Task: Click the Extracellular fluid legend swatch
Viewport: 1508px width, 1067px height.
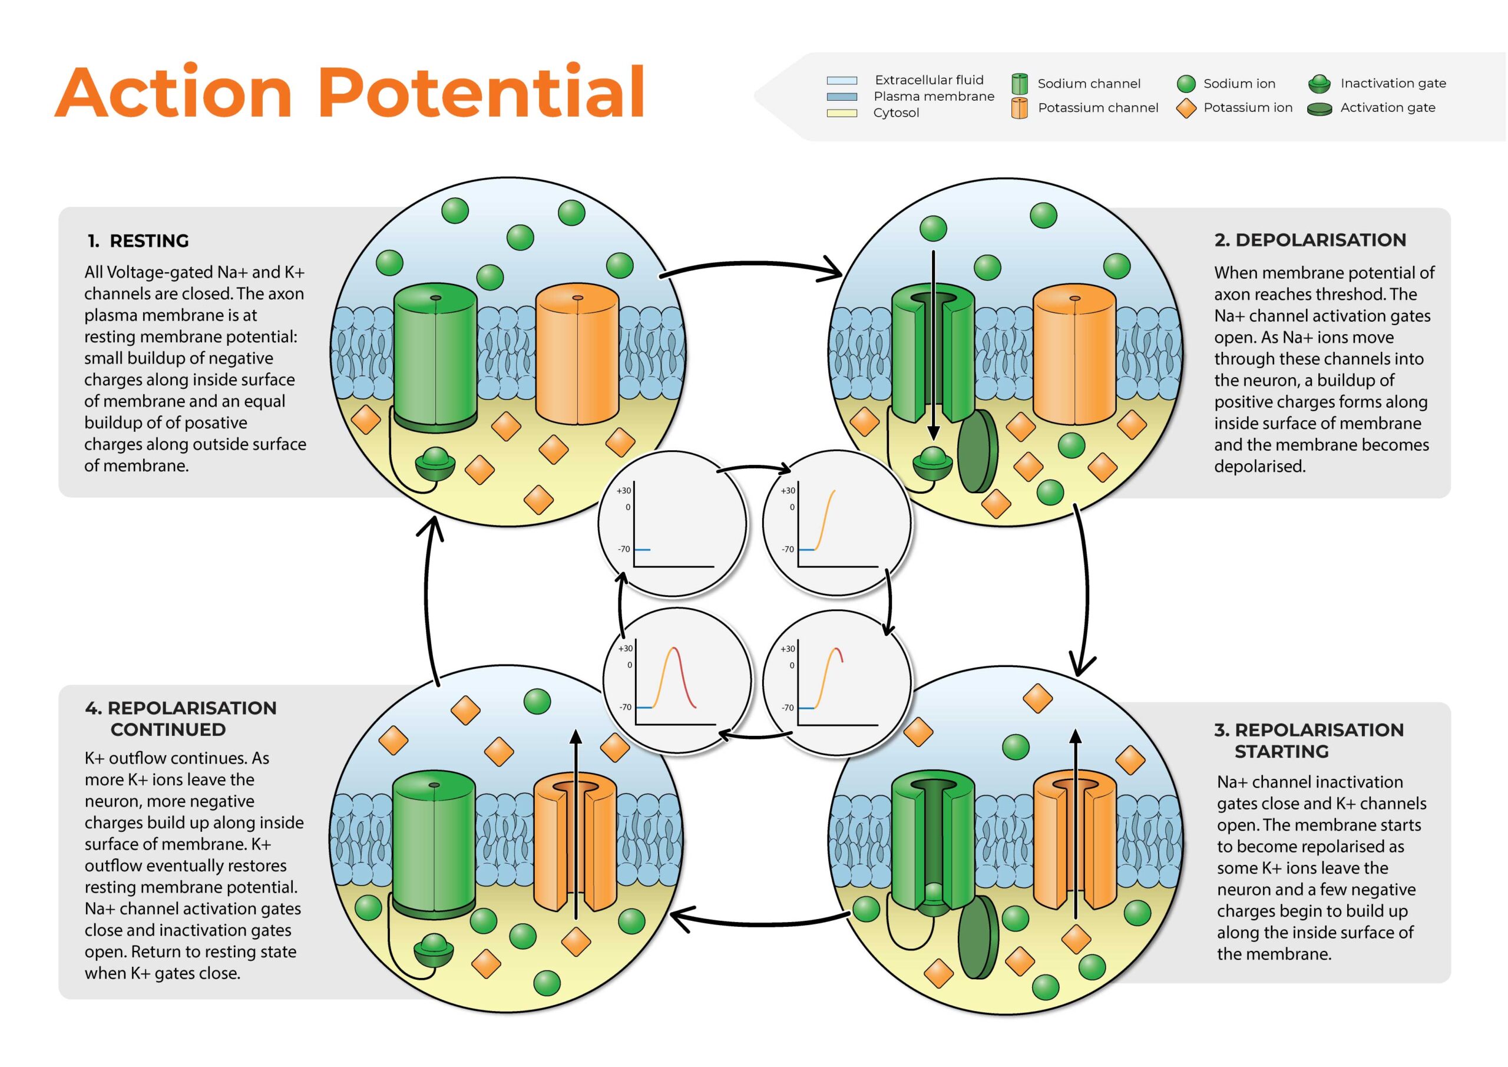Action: (841, 81)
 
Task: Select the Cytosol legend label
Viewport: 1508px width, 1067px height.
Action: (896, 113)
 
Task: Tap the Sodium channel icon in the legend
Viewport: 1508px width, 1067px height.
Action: (1019, 84)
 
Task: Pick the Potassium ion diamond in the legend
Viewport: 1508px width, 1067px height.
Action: (1186, 108)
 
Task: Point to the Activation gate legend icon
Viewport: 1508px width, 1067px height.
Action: (1319, 109)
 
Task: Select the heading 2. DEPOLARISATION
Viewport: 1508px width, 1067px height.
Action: (1309, 240)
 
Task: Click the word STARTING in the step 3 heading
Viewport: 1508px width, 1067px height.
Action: (1281, 752)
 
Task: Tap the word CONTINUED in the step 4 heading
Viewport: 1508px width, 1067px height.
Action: (168, 730)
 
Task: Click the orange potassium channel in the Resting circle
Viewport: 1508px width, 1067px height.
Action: (577, 358)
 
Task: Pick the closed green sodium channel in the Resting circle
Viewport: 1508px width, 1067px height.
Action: (435, 358)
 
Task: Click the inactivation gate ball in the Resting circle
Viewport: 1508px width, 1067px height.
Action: (434, 464)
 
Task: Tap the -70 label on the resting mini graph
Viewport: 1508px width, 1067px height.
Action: (623, 549)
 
